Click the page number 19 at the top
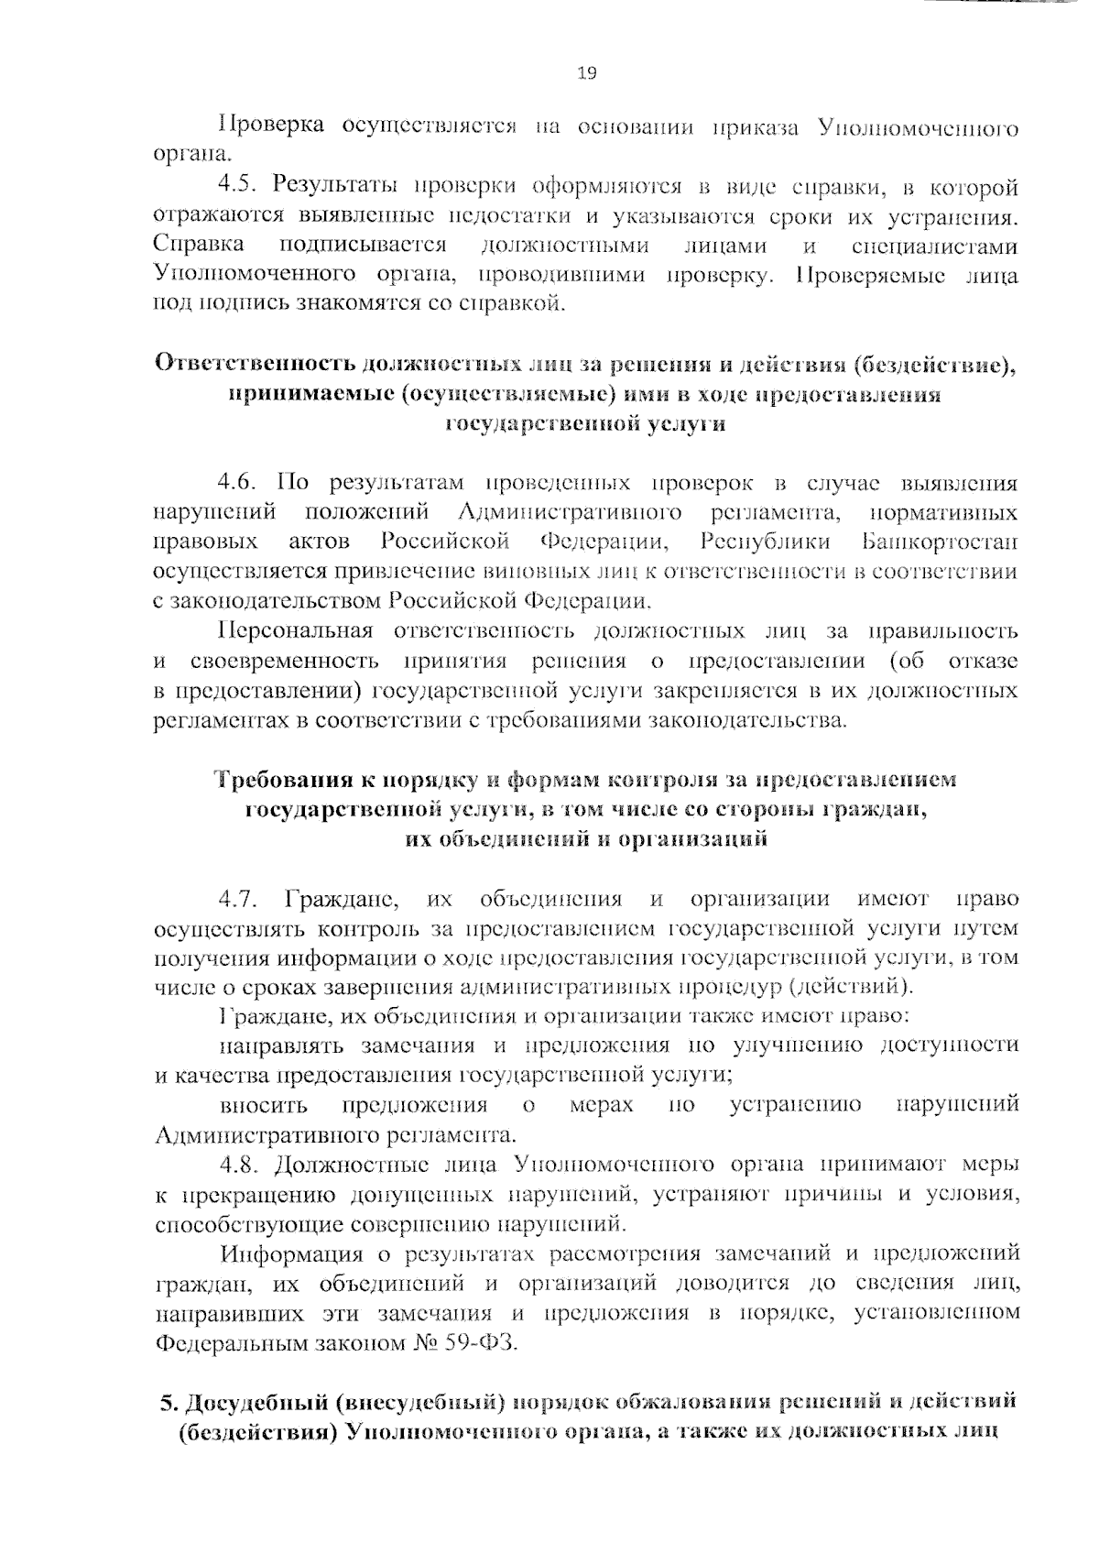[587, 74]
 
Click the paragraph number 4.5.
[239, 187]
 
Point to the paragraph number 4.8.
[239, 1165]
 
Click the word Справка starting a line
[199, 245]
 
